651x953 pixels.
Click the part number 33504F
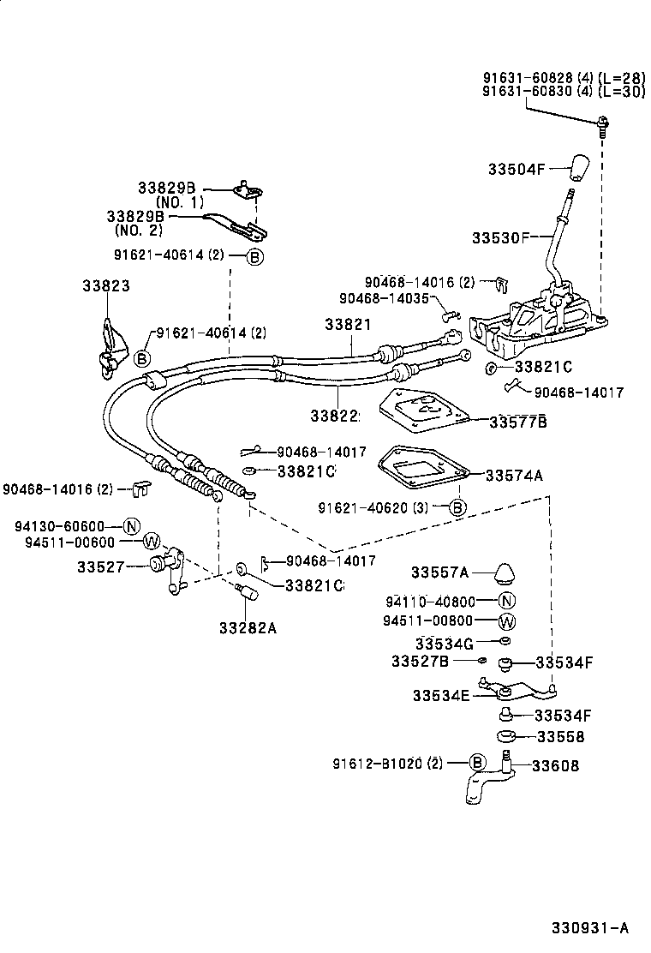click(517, 169)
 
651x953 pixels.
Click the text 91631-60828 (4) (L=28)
click(563, 77)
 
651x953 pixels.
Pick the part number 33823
click(106, 285)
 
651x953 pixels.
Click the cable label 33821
click(348, 325)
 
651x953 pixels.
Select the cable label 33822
click(334, 416)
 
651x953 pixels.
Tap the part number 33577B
click(518, 422)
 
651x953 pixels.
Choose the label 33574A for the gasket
click(514, 475)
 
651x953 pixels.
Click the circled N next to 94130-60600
click(131, 526)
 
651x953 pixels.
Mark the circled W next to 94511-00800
click(506, 621)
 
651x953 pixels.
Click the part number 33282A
click(247, 627)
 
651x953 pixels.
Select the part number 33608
click(555, 765)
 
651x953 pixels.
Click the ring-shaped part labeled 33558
click(507, 737)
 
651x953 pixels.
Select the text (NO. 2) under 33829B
click(140, 230)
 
